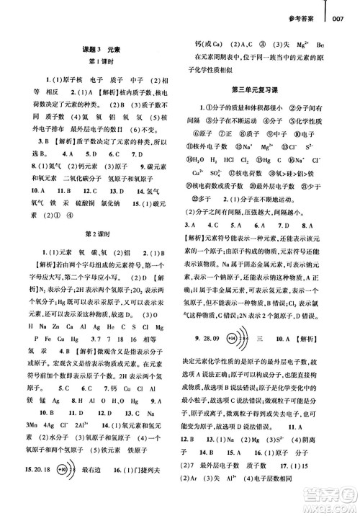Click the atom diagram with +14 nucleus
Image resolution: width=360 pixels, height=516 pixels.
click(237, 297)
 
